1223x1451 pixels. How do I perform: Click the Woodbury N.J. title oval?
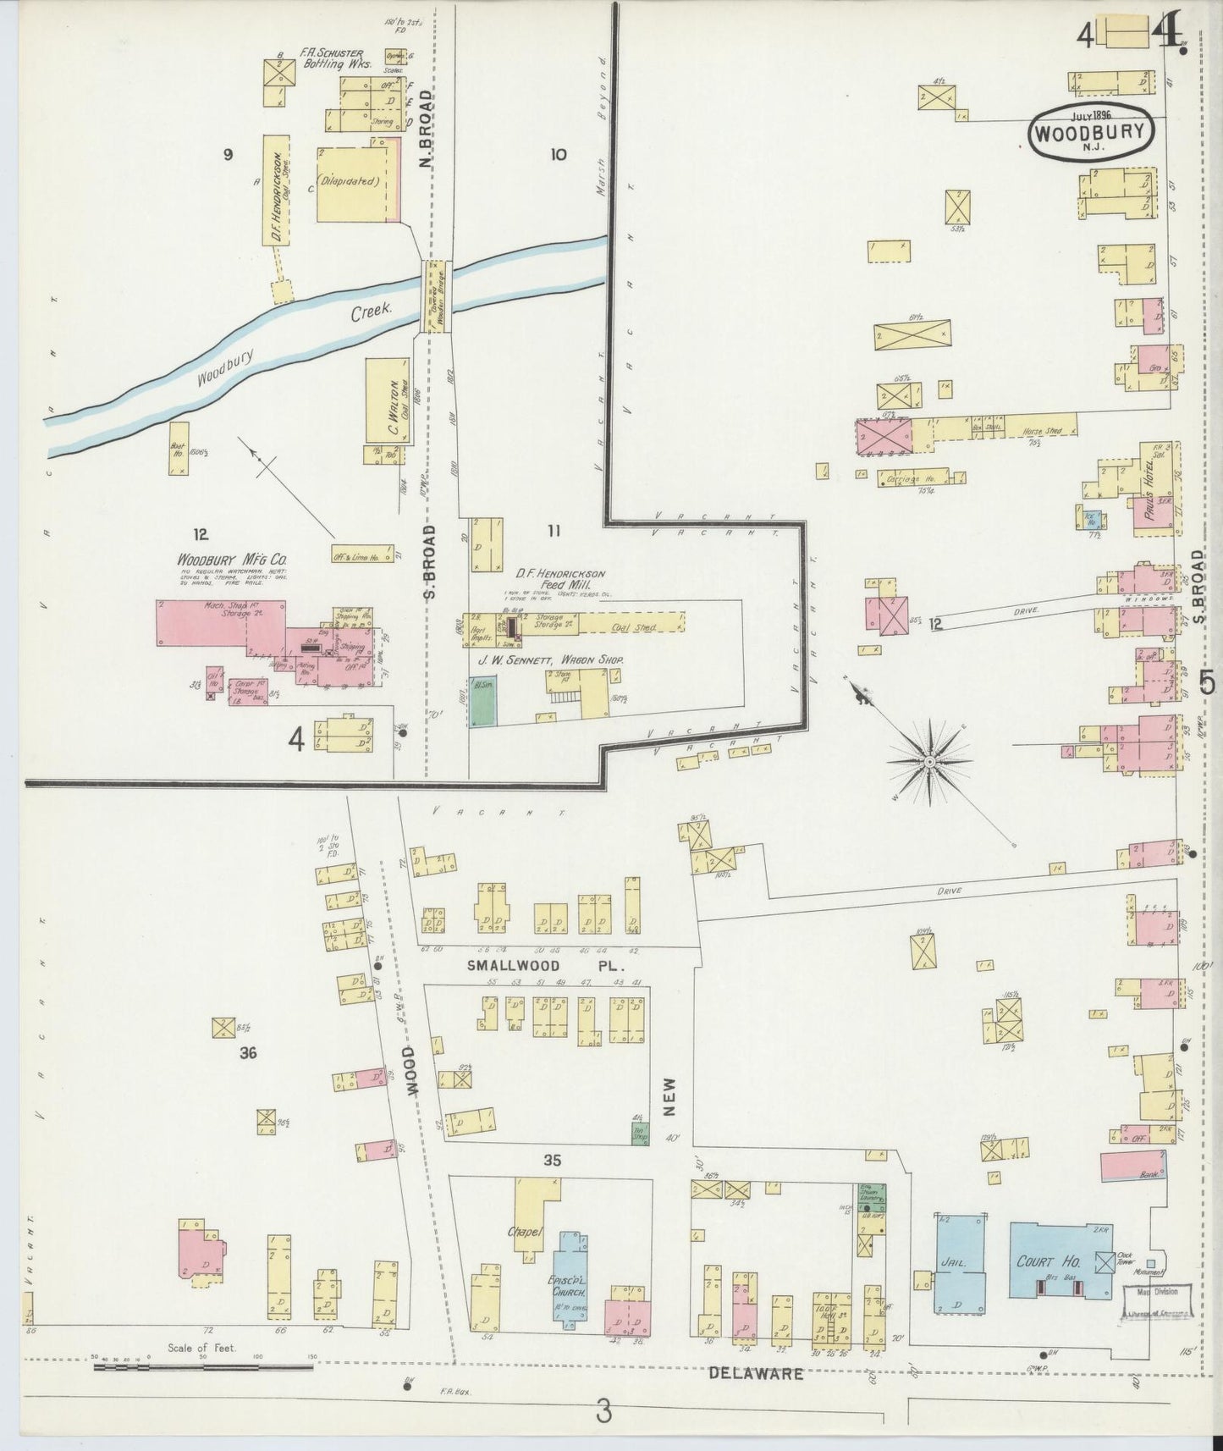point(1092,131)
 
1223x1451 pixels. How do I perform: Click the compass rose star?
point(929,761)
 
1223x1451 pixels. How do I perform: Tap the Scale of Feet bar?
point(203,1366)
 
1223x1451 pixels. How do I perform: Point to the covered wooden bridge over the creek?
point(436,296)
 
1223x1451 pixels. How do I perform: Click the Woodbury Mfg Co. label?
point(233,561)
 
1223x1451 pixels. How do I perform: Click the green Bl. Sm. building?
point(483,700)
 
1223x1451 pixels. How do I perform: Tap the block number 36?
point(247,1053)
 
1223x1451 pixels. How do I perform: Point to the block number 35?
point(552,1160)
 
